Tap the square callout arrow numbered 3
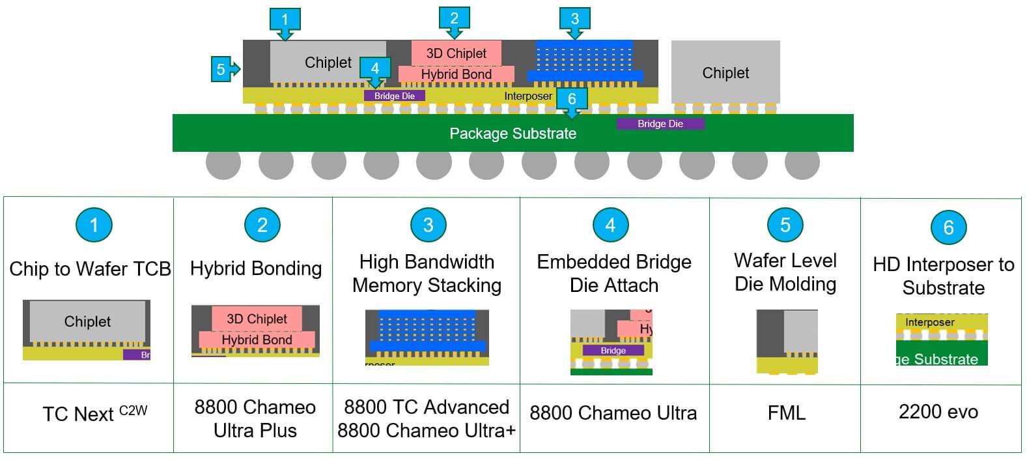point(574,20)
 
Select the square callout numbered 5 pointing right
point(223,69)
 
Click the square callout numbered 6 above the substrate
point(572,100)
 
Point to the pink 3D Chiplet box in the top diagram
point(456,53)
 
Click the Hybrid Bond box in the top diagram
point(456,74)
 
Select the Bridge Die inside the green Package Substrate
point(660,124)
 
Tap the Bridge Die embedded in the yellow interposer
point(394,96)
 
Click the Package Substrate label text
point(513,134)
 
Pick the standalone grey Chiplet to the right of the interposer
point(725,72)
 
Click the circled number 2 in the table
point(262,225)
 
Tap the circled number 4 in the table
point(610,225)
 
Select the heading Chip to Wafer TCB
point(90,268)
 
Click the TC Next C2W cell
point(94,414)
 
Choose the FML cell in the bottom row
point(786,413)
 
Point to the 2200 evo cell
point(938,412)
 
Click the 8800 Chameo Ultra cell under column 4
point(613,413)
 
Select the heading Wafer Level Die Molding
point(785,272)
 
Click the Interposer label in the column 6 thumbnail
point(929,323)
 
